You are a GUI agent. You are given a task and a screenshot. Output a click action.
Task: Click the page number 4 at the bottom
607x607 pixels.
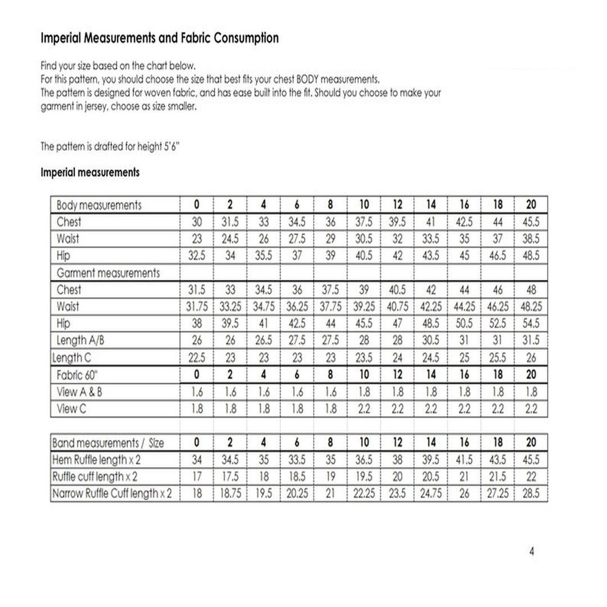[x=532, y=552]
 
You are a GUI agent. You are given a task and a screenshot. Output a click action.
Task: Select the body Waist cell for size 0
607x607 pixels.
[x=197, y=239]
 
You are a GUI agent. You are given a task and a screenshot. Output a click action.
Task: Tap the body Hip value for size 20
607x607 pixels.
[x=531, y=256]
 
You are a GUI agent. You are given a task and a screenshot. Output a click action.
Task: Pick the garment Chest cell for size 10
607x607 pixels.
[x=364, y=290]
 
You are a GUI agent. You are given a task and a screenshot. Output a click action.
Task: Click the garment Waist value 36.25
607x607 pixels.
[x=297, y=307]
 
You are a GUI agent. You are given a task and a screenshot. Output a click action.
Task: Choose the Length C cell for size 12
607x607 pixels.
[x=398, y=358]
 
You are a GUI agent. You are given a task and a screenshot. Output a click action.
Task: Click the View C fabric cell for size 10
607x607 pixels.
[x=364, y=409]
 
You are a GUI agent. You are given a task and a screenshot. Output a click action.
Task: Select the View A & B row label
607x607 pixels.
[x=79, y=392]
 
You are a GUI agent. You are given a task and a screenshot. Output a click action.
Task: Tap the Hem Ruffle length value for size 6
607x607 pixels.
[x=297, y=459]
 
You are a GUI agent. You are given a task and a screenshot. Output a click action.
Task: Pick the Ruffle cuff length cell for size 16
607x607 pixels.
[x=465, y=476]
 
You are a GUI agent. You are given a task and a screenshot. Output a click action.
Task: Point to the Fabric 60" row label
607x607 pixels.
[x=79, y=375]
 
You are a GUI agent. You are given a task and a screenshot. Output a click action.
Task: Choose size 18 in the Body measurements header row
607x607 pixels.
[x=498, y=205]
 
